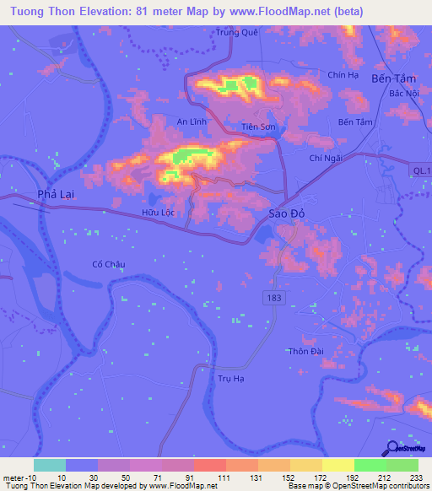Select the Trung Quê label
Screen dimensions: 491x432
[235, 33]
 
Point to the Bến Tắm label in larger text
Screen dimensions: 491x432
[393, 78]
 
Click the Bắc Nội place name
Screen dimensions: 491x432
[404, 93]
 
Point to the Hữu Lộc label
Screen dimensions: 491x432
[158, 212]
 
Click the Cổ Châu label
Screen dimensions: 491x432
[109, 264]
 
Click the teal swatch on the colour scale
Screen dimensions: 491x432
[50, 465]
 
